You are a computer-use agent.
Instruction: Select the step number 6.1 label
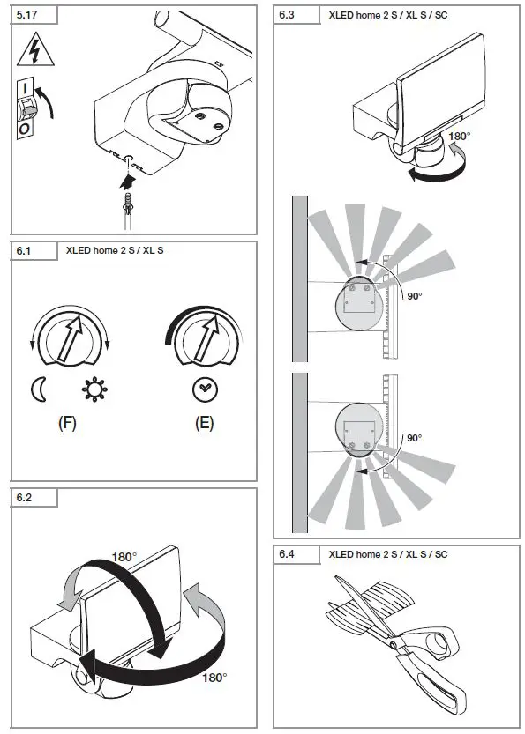click(26, 251)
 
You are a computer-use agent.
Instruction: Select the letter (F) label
click(67, 423)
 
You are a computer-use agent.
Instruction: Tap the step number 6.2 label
click(26, 498)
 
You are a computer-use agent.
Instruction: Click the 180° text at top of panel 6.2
click(124, 557)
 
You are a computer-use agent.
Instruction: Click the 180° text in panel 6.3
click(461, 137)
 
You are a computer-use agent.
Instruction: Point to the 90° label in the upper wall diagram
click(414, 297)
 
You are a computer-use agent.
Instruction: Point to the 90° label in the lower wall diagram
click(414, 437)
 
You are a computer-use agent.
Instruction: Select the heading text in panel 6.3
click(388, 15)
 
